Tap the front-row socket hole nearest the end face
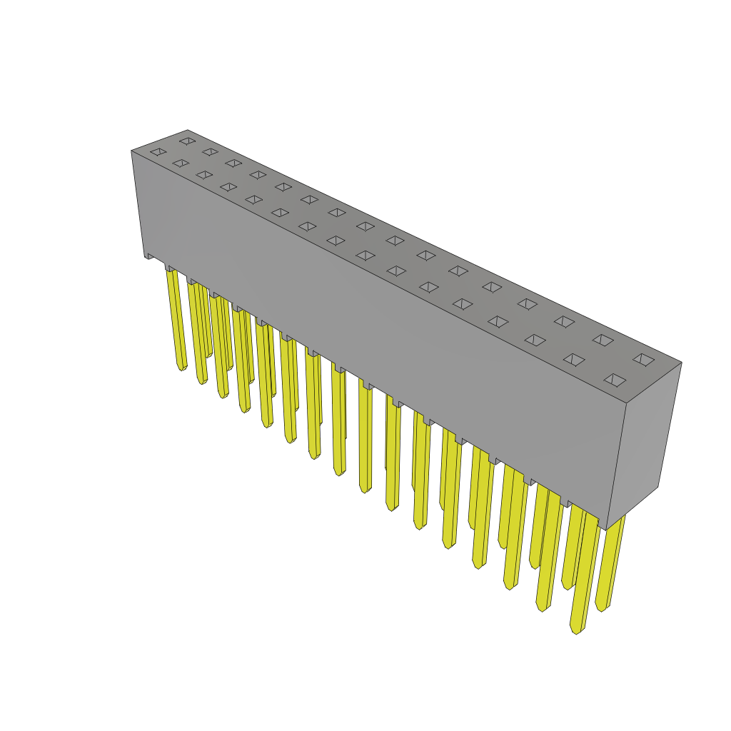pos(615,380)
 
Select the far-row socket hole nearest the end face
pos(643,359)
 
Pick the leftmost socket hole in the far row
pos(187,141)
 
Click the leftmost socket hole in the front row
pos(158,151)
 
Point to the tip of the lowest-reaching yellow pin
pos(576,630)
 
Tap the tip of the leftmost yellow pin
pos(181,367)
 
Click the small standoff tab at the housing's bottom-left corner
pos(151,255)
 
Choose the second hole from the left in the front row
pos(181,163)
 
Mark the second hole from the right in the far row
pos(603,340)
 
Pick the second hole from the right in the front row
pos(574,359)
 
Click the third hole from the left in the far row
pos(233,163)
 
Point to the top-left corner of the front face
pos(132,151)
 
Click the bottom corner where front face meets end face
pos(606,529)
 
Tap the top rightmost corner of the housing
pos(681,363)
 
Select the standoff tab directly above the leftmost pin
pos(171,268)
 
